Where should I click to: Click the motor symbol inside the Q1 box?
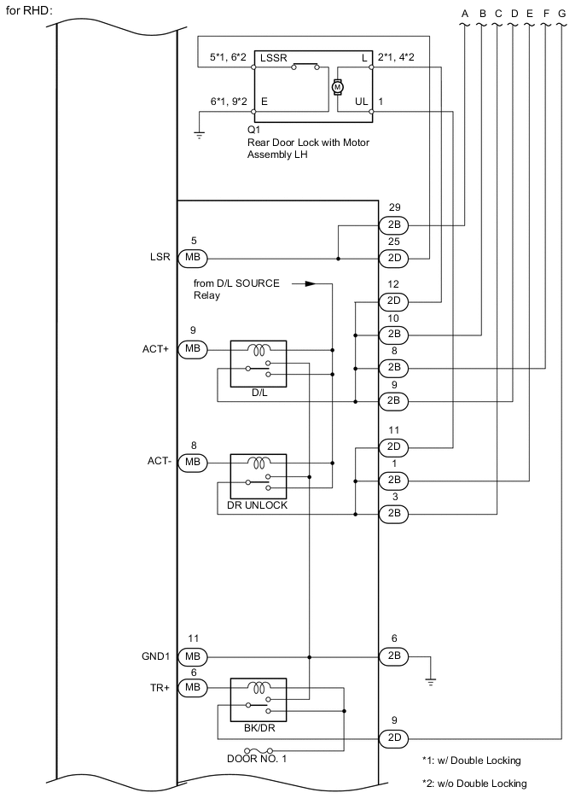[x=337, y=86]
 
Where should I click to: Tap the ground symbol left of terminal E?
[x=199, y=135]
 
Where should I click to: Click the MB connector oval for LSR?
[x=192, y=257]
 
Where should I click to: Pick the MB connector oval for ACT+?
[x=192, y=349]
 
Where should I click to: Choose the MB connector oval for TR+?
[x=192, y=686]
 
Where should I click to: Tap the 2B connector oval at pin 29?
[x=393, y=225]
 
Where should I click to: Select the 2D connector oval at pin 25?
[x=393, y=257]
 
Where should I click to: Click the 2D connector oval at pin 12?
[x=393, y=301]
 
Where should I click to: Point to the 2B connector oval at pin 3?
[x=393, y=514]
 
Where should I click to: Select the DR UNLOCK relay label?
[x=259, y=504]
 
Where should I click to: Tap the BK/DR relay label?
[x=259, y=731]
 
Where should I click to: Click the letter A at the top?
[x=464, y=13]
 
